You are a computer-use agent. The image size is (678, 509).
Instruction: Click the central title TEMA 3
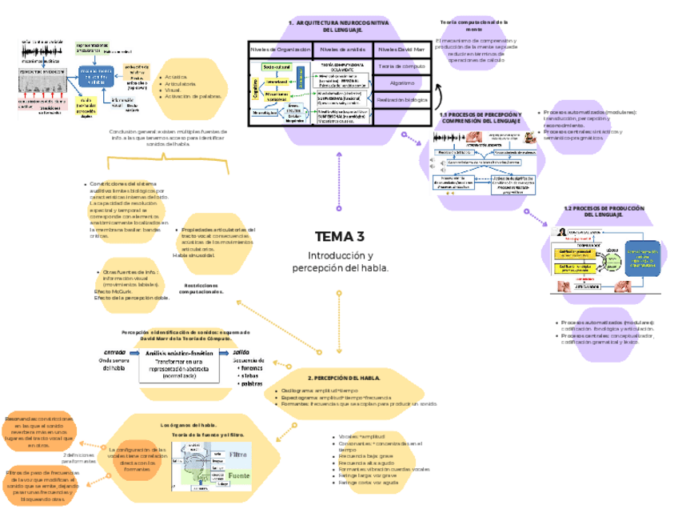point(339,237)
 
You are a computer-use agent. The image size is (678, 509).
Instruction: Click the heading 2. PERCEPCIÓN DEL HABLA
point(343,377)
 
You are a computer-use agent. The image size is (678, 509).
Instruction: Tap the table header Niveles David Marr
point(401,50)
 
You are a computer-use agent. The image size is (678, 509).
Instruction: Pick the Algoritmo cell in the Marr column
point(401,82)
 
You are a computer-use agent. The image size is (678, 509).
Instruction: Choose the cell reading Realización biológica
point(401,99)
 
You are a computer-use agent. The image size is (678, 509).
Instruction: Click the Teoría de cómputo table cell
point(401,66)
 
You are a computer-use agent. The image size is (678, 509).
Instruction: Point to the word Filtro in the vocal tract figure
point(238,455)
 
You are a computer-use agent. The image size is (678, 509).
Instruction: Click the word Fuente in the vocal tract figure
point(239,476)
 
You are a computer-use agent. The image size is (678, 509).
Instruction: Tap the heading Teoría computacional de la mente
point(474,26)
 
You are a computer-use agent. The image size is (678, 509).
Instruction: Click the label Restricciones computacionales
point(201,288)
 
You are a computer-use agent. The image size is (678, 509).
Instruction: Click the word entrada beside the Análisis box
point(114,352)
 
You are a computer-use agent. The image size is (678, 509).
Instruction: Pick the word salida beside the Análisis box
point(241,352)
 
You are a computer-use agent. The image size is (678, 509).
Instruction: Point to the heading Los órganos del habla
point(189,425)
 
